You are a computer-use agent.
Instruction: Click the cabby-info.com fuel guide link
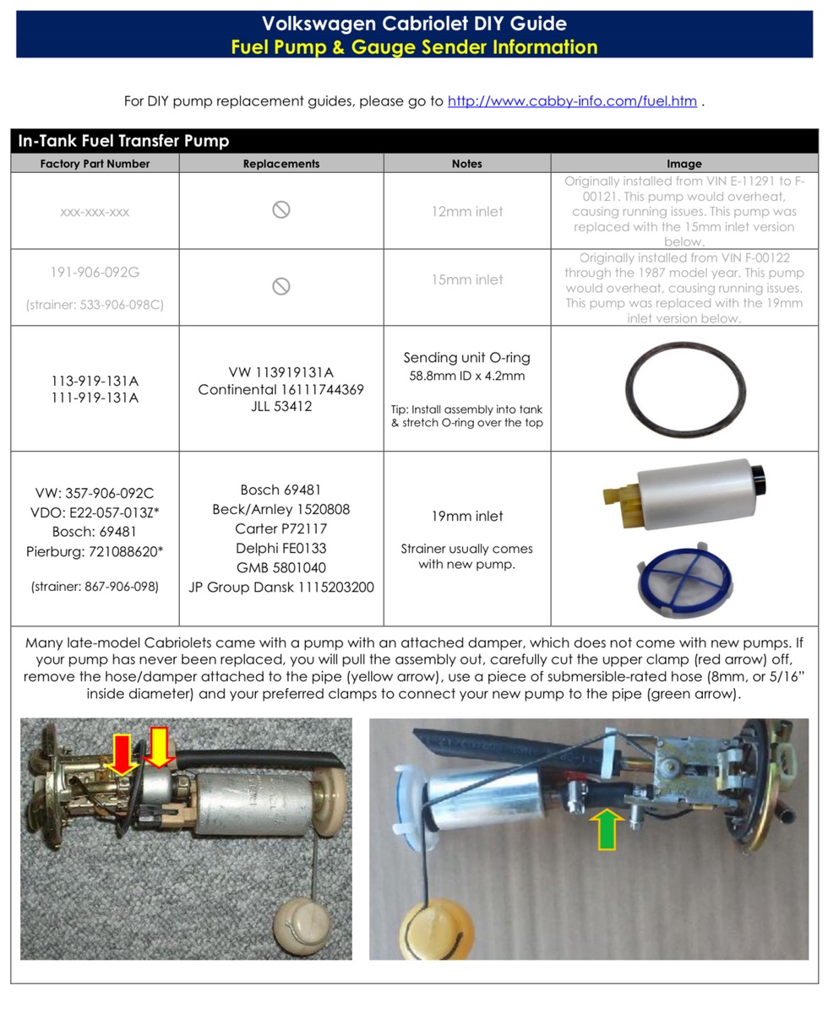click(572, 101)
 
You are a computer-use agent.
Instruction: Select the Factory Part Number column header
click(95, 164)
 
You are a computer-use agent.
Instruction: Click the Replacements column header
click(281, 164)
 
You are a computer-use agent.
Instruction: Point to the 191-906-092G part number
click(95, 273)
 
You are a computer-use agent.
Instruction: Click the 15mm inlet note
click(466, 279)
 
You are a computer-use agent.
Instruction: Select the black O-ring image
click(685, 389)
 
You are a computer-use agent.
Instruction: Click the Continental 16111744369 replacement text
click(281, 389)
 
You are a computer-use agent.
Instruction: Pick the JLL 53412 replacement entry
click(281, 407)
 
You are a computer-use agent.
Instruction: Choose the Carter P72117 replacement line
click(281, 528)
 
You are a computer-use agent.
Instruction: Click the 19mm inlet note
click(466, 516)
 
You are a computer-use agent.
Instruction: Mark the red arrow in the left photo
click(123, 754)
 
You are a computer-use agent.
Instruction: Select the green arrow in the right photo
click(607, 829)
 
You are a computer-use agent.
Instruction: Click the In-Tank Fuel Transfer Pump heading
click(123, 141)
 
